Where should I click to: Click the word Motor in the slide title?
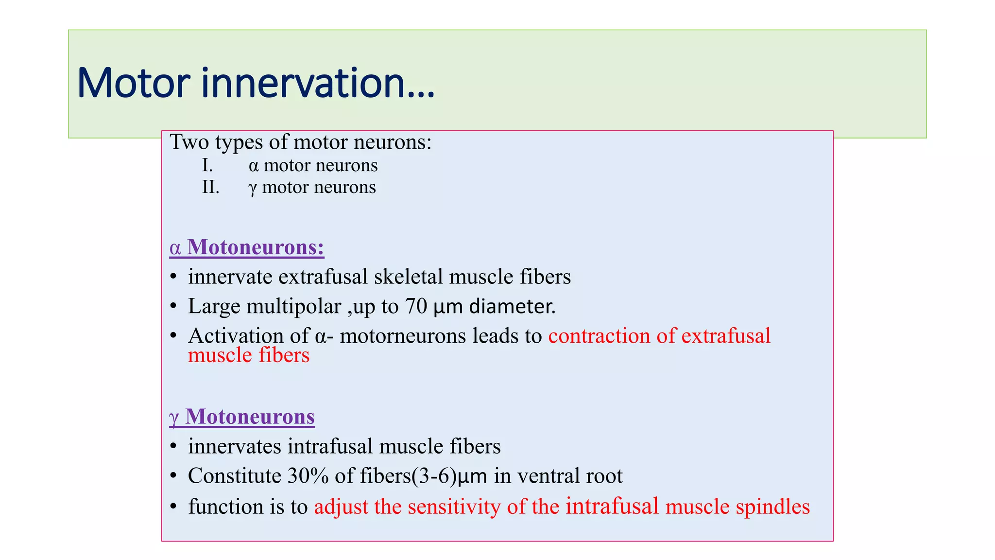click(133, 83)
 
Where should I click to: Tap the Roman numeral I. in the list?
click(207, 166)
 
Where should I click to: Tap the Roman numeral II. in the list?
click(211, 187)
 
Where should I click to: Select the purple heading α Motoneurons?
click(247, 247)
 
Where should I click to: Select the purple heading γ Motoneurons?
click(242, 417)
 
